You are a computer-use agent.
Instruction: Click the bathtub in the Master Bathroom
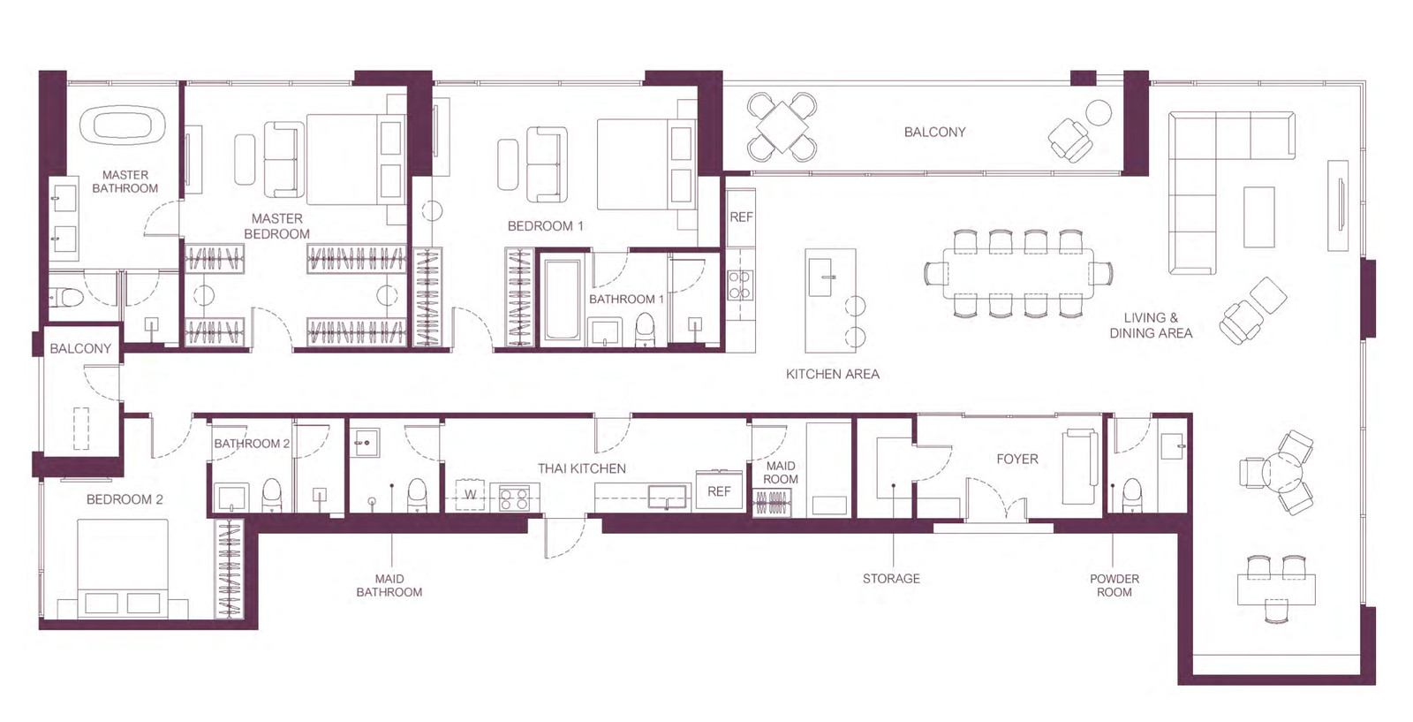(x=123, y=125)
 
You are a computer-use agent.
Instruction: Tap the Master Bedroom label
(x=277, y=226)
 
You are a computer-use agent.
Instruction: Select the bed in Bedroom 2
(x=123, y=567)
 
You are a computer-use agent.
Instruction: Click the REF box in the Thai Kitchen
(x=720, y=490)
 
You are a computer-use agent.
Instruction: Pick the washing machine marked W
(x=470, y=495)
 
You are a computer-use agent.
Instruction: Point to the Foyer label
(x=1016, y=459)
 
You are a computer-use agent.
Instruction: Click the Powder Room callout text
(x=1115, y=585)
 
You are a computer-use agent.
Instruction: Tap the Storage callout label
(x=891, y=578)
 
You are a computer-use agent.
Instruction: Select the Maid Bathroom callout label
(x=389, y=585)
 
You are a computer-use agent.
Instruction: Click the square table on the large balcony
(x=782, y=126)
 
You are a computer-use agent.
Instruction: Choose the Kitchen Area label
(x=833, y=374)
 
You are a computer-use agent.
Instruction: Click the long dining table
(x=1019, y=273)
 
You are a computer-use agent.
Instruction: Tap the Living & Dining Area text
(x=1152, y=325)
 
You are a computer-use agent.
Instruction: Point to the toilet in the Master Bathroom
(x=66, y=296)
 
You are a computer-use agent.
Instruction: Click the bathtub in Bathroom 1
(x=563, y=300)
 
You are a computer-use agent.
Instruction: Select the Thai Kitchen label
(x=582, y=468)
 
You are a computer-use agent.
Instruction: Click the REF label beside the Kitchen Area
(x=741, y=217)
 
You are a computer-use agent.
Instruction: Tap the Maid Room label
(x=781, y=473)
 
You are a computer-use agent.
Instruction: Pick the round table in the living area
(x=1281, y=472)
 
